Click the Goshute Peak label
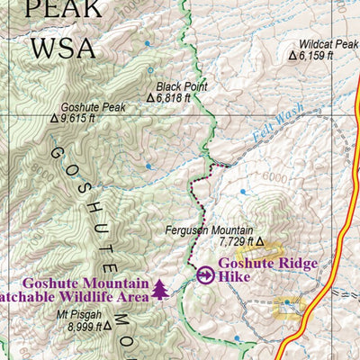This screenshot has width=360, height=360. pyautogui.click(x=94, y=106)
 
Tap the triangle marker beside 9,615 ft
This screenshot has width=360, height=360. pyautogui.click(x=55, y=118)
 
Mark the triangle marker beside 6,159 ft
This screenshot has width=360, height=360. pyautogui.click(x=292, y=55)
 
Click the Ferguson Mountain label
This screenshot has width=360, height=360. pyautogui.click(x=209, y=230)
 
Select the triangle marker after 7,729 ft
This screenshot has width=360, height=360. pyautogui.click(x=261, y=242)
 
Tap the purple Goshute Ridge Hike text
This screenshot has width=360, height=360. pyautogui.click(x=258, y=271)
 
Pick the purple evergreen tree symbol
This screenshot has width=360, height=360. pyautogui.click(x=160, y=289)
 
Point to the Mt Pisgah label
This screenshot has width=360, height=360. pyautogui.click(x=79, y=315)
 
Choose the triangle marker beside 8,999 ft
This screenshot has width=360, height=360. pyautogui.click(x=107, y=327)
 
